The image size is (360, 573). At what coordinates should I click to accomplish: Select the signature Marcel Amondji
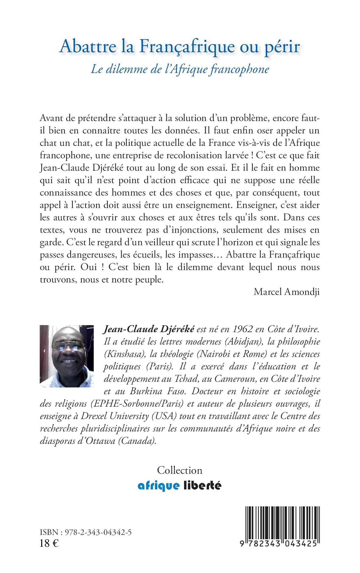point(286,292)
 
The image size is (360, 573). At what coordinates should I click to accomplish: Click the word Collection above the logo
point(180,470)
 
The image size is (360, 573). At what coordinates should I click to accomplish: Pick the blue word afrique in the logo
point(158,486)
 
